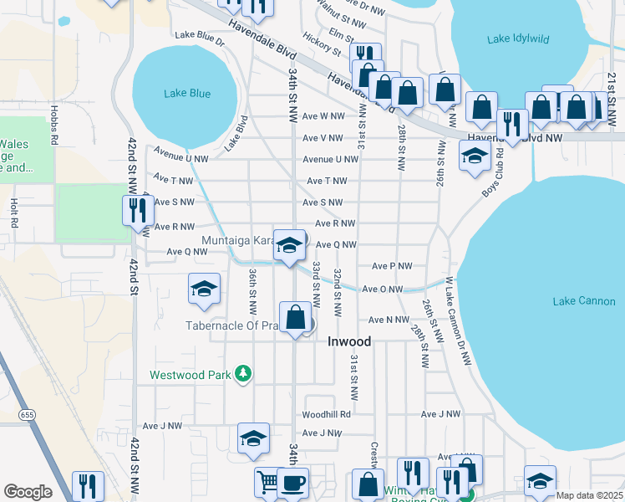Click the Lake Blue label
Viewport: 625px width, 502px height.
[188, 94]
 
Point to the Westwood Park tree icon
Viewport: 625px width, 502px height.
[243, 374]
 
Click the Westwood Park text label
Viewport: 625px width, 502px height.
[190, 376]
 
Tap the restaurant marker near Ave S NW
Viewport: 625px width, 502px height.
[138, 210]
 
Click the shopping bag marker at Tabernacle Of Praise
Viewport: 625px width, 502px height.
[295, 318]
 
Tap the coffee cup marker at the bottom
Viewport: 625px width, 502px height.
[292, 483]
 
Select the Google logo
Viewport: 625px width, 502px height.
[28, 492]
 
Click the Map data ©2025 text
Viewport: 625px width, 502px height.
[589, 495]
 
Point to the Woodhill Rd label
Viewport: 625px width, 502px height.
[326, 413]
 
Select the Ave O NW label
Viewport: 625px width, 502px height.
[383, 289]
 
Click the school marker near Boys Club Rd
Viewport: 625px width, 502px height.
[475, 156]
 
